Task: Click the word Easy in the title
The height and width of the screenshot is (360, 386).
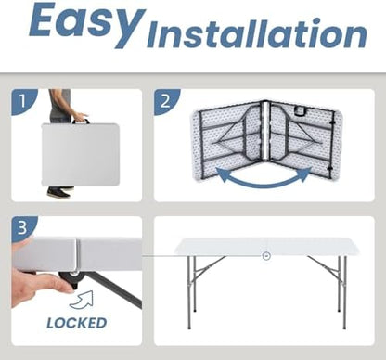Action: click(x=87, y=24)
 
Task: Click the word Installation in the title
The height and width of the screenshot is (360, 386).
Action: click(x=257, y=33)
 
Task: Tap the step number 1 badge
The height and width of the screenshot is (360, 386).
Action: click(x=22, y=101)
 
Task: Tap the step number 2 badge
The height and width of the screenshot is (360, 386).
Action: click(x=165, y=101)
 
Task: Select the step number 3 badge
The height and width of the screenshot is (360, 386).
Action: click(x=22, y=228)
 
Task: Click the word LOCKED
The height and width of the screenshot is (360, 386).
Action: click(x=77, y=323)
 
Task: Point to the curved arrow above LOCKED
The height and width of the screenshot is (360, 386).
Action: click(x=82, y=300)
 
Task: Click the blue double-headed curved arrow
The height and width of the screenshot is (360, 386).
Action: click(x=264, y=179)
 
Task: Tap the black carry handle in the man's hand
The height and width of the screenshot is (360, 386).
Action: click(x=81, y=121)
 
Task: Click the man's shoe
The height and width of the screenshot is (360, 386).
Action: click(x=58, y=194)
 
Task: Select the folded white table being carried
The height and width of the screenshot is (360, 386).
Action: click(x=80, y=155)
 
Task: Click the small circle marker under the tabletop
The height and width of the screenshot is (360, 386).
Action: click(x=266, y=256)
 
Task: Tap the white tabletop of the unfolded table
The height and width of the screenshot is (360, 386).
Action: click(x=266, y=246)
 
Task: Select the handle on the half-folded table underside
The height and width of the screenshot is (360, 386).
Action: click(x=300, y=111)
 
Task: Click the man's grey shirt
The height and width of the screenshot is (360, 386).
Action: click(x=60, y=103)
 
